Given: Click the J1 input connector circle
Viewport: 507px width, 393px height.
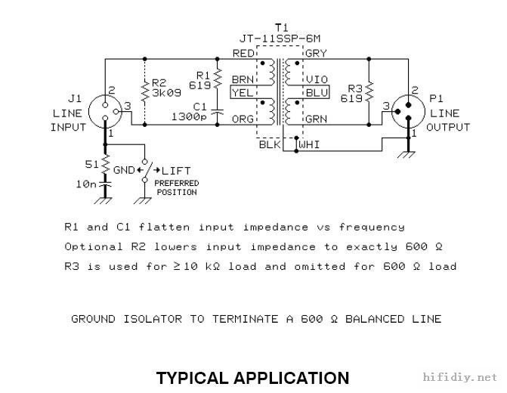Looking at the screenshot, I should (x=105, y=111).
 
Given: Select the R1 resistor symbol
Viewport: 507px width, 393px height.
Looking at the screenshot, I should (x=217, y=79).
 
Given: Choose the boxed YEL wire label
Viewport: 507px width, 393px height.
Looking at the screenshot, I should (x=243, y=92).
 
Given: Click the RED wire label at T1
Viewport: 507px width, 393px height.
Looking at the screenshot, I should (x=243, y=53).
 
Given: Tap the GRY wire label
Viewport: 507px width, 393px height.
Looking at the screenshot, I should (x=315, y=53).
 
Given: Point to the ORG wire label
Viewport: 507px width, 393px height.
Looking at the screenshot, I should (x=243, y=119).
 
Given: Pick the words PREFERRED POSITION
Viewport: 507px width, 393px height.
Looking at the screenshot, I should (x=176, y=187).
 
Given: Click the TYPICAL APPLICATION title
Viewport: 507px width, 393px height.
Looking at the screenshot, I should (x=252, y=377).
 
